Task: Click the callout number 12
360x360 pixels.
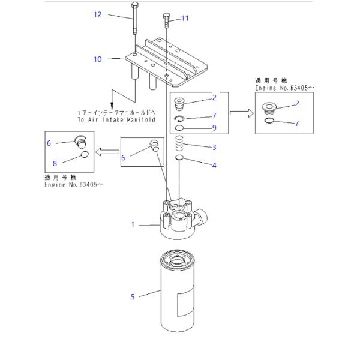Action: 98,14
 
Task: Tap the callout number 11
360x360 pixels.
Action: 185,18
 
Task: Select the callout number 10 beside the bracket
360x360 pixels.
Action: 98,59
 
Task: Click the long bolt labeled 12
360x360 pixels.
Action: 135,19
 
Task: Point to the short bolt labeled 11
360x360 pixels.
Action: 166,20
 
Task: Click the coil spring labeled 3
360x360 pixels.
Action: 179,143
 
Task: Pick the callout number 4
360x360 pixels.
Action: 214,165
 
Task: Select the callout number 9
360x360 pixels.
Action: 214,128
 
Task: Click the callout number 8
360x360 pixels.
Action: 55,163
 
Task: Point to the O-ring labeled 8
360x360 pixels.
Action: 85,155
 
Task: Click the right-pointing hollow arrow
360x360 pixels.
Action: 242,113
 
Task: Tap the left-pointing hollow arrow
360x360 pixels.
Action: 107,152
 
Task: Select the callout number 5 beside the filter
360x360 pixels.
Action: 133,297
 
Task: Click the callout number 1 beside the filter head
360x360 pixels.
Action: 133,224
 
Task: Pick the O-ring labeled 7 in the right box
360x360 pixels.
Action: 269,121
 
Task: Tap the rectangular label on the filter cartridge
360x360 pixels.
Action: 185,301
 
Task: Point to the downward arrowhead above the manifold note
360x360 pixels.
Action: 112,106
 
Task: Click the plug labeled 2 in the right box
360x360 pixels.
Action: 269,109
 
